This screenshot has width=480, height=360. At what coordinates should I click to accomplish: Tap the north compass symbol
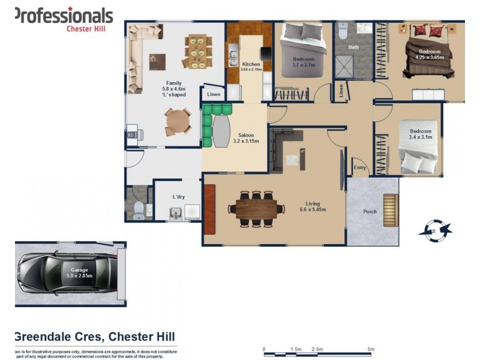tap(436, 229)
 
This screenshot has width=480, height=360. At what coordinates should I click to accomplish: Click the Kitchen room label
tap(251, 65)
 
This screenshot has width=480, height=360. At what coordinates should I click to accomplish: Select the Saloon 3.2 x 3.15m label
tap(246, 138)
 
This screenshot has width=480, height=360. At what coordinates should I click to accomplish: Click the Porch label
tap(370, 212)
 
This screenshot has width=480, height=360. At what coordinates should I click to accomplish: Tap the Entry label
tap(360, 167)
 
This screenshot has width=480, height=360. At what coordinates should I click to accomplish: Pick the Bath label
tap(353, 47)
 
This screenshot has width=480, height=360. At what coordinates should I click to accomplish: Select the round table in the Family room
tap(177, 122)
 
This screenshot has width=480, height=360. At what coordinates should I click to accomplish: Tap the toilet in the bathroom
tap(342, 30)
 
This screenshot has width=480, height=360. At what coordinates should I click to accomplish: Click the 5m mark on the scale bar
tap(371, 349)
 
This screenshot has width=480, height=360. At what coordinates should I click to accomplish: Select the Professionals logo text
tap(63, 15)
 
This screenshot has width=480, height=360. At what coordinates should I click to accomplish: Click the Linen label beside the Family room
tap(214, 94)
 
